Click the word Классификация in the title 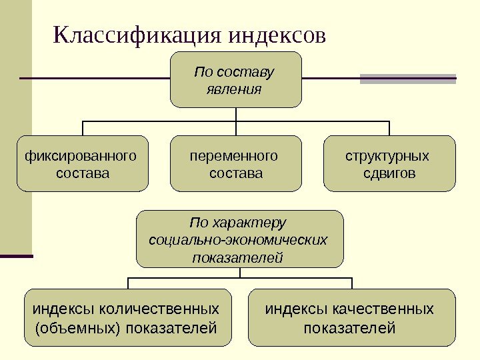pyautogui.click(x=137, y=35)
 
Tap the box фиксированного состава pyautogui.click(x=83, y=164)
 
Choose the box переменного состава pyautogui.click(x=236, y=164)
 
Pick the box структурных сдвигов pyautogui.click(x=389, y=164)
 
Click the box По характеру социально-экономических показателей pyautogui.click(x=239, y=239)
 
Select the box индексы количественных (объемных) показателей pyautogui.click(x=127, y=318)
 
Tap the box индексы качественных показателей pyautogui.click(x=351, y=318)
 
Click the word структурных pyautogui.click(x=387, y=156)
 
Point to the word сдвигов pyautogui.click(x=389, y=173)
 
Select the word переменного pyautogui.click(x=234, y=156)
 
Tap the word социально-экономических pyautogui.click(x=239, y=239)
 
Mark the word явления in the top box pyautogui.click(x=236, y=89)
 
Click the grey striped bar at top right pyautogui.click(x=408, y=79)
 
